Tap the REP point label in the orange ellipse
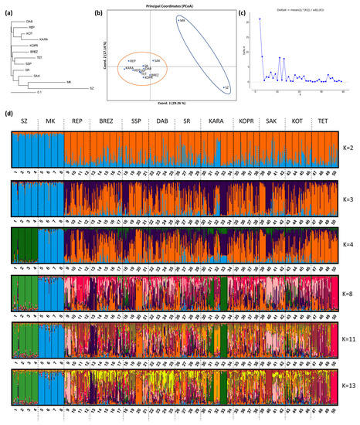click(132, 60)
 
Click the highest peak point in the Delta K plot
click(260, 19)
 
